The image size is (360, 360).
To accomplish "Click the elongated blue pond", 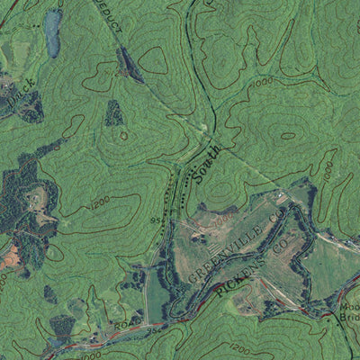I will click(x=53, y=33).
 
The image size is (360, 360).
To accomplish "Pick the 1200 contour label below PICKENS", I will click(x=238, y=347).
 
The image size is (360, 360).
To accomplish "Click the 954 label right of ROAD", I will click(x=150, y=328).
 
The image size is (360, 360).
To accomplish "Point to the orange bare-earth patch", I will click(x=9, y=258).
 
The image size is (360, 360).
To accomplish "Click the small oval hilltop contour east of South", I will click(x=288, y=136).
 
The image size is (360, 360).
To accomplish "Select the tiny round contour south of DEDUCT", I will click(x=124, y=135).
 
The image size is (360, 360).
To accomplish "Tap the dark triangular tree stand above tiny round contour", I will click(x=114, y=112).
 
